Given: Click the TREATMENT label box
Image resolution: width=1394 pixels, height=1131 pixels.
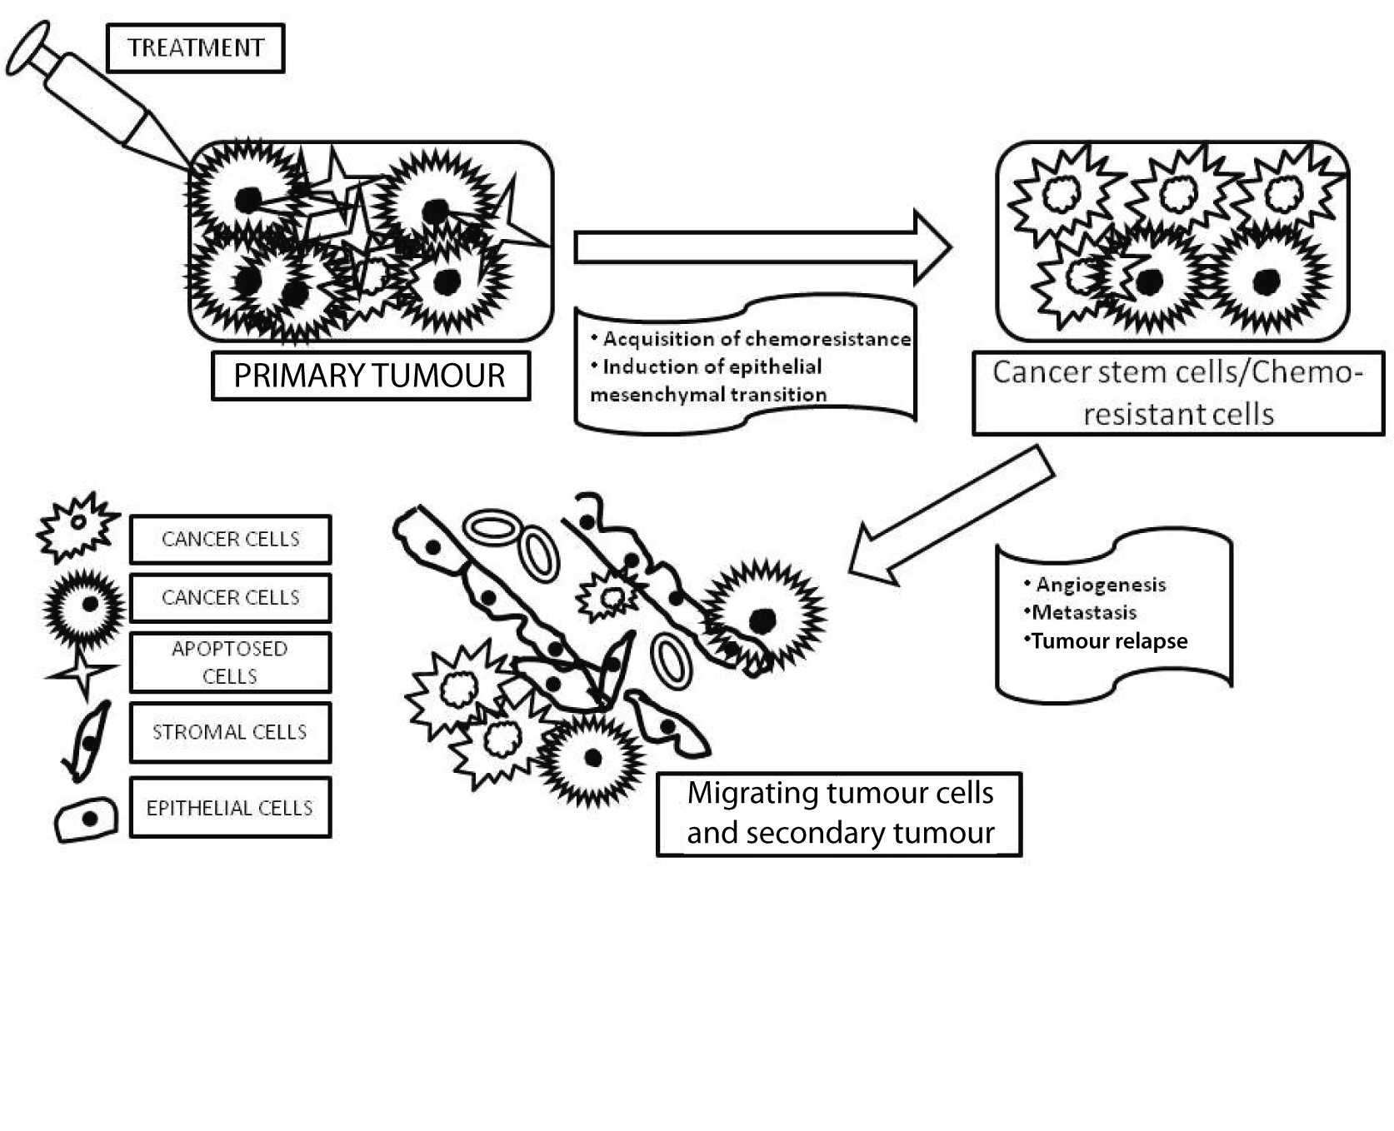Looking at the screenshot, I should (196, 48).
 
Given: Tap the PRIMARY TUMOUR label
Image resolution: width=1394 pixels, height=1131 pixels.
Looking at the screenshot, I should (370, 376).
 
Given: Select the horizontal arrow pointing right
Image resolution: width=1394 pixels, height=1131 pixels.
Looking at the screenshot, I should (762, 247).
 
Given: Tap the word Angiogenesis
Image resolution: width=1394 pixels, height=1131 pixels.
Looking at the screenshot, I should (1100, 585).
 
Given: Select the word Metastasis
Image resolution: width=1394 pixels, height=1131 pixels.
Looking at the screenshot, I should (1084, 613).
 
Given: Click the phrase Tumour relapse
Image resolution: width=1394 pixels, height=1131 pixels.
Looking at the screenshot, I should (1109, 641).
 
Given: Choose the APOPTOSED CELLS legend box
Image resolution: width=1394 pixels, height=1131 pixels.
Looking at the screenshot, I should (230, 662).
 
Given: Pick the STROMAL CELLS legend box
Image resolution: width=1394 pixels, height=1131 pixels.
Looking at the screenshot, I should (230, 732).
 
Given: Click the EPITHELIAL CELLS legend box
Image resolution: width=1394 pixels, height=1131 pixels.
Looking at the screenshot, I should (230, 808).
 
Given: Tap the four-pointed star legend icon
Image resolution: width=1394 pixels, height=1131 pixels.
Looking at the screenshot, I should (82, 671).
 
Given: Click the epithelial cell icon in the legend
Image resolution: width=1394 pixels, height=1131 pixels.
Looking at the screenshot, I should (86, 820).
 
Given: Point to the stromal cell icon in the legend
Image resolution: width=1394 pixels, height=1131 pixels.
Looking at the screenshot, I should (87, 740).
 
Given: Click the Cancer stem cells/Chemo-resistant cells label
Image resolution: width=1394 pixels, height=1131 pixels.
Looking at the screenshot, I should (1177, 393).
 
